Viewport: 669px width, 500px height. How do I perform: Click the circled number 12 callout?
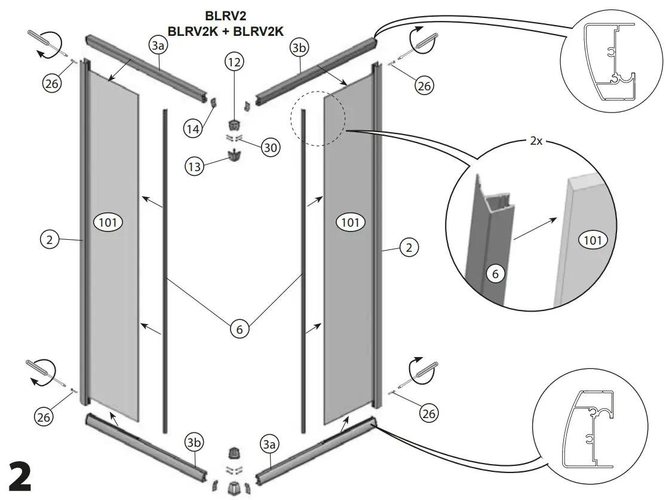click(x=235, y=60)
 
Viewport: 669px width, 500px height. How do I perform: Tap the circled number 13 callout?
click(x=194, y=166)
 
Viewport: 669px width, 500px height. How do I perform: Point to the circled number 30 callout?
click(x=271, y=147)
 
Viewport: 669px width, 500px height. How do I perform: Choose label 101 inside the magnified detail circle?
click(x=592, y=240)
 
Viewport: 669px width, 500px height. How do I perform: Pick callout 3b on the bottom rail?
click(x=194, y=443)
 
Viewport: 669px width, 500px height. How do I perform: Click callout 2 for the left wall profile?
click(x=50, y=240)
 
